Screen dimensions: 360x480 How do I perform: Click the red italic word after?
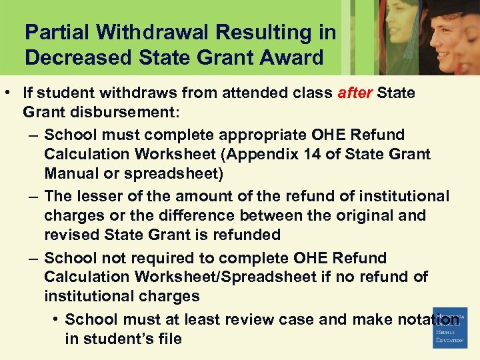tap(355, 93)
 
